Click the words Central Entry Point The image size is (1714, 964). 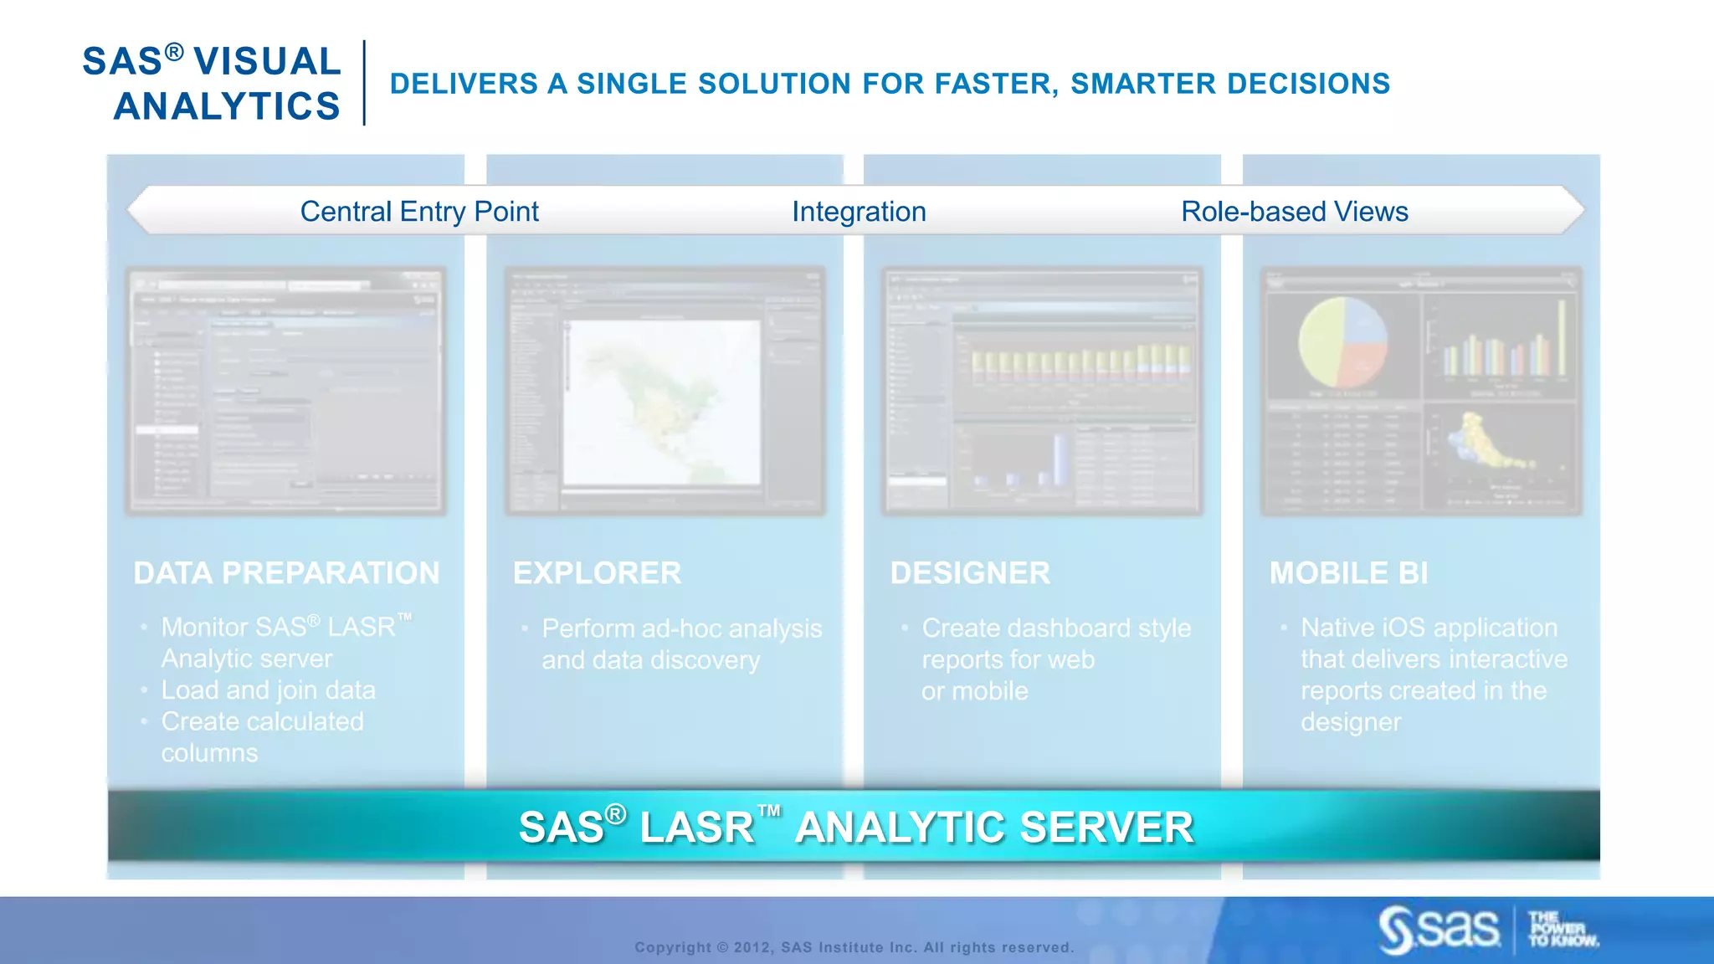(418, 212)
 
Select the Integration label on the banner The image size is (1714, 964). (859, 212)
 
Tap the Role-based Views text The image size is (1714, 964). (1294, 212)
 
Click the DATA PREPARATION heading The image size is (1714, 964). (286, 573)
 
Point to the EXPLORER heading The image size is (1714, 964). (597, 573)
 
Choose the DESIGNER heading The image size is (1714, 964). (970, 573)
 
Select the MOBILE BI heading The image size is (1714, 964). (1348, 573)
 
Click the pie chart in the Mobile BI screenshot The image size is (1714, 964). (1342, 342)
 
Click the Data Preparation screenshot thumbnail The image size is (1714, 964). (285, 391)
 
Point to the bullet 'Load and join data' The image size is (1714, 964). (268, 690)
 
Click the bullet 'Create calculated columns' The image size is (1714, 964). (262, 722)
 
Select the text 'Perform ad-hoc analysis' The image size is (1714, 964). (681, 628)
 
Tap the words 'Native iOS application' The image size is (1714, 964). (1429, 628)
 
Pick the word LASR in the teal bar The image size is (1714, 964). (696, 828)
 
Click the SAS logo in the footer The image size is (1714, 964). (1439, 929)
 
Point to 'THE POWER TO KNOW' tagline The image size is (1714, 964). (1562, 929)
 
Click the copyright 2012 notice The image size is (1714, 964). (854, 947)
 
